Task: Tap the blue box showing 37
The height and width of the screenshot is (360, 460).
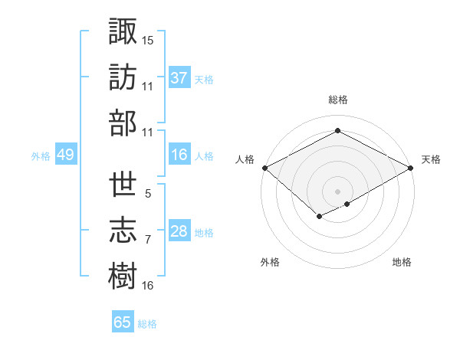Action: (x=179, y=77)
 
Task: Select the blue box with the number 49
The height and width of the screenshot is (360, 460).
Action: (x=65, y=155)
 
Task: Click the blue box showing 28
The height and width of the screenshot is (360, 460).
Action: (x=179, y=231)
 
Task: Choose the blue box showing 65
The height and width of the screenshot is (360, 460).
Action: (x=123, y=322)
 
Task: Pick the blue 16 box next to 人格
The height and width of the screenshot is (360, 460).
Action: (x=179, y=155)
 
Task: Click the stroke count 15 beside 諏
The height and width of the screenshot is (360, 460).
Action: (x=148, y=39)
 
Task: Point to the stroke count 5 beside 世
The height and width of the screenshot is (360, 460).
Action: (x=148, y=194)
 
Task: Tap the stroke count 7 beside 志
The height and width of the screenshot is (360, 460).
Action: (x=148, y=240)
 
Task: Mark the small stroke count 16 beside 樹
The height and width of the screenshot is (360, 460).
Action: (x=148, y=286)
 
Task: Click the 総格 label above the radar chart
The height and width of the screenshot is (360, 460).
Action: (x=337, y=100)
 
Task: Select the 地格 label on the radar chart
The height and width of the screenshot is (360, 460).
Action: (x=402, y=262)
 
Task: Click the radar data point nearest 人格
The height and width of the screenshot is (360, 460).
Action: (x=264, y=168)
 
